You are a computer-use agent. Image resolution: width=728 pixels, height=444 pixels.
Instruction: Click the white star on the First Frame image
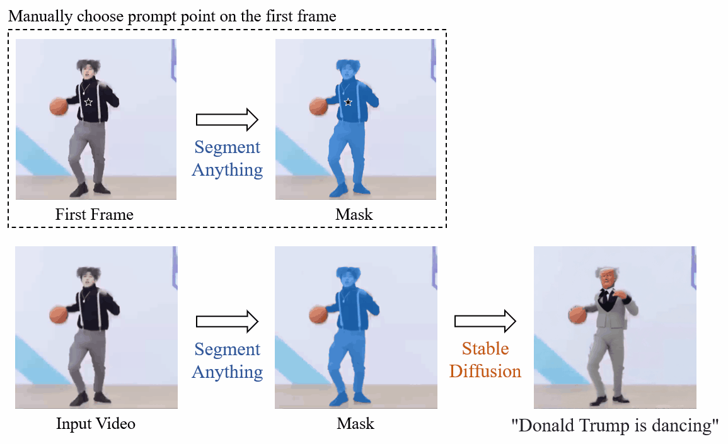click(88, 101)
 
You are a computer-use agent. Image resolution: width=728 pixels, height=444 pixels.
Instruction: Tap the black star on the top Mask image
click(347, 102)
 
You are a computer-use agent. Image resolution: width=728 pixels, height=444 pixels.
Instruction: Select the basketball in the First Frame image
click(59, 106)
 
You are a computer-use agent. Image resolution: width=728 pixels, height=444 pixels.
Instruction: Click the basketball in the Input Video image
click(59, 314)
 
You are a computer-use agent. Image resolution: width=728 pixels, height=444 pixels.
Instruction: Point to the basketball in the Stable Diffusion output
click(577, 315)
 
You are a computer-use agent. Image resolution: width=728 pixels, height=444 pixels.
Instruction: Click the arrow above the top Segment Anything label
click(228, 118)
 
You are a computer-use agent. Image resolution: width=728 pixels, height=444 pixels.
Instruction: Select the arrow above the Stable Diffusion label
click(485, 322)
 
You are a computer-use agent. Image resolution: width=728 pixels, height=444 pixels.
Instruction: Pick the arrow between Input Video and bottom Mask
click(228, 322)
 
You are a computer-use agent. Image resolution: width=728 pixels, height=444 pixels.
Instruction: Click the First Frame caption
click(95, 215)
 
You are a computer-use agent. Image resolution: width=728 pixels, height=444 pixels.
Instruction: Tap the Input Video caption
click(96, 423)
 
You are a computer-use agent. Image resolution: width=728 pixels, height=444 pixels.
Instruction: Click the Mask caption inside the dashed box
click(354, 215)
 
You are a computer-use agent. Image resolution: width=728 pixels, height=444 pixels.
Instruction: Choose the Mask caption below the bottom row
click(355, 423)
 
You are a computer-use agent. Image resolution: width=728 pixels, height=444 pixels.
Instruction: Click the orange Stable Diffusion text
click(485, 360)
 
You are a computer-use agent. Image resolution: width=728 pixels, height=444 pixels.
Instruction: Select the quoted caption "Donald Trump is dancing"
click(615, 426)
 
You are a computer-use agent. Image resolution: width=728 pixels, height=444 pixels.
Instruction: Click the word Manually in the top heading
click(37, 16)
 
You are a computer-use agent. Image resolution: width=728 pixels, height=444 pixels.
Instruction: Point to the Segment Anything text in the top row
click(228, 159)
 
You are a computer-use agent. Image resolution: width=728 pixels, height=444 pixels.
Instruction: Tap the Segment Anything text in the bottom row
click(228, 361)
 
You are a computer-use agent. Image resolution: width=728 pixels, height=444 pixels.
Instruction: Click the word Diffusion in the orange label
click(485, 371)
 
